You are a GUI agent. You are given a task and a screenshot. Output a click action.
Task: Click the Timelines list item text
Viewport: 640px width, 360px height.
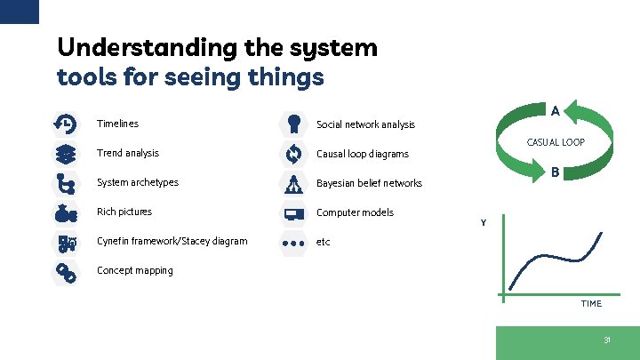(x=117, y=124)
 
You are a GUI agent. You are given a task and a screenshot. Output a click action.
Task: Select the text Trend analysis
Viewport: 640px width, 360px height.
(x=128, y=153)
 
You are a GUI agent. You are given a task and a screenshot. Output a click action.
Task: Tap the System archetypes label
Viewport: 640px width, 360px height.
(x=138, y=182)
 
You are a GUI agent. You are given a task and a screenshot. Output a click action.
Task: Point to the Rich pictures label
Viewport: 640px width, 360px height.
(x=124, y=212)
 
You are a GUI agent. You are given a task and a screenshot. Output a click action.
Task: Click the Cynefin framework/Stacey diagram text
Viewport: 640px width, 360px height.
(x=172, y=241)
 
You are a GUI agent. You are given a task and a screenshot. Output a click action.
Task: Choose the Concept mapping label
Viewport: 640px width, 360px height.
(x=135, y=270)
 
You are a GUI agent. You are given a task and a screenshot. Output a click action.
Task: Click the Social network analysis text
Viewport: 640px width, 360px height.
(x=365, y=124)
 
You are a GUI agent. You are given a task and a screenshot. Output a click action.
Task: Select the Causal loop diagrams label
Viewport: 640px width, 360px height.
(x=363, y=154)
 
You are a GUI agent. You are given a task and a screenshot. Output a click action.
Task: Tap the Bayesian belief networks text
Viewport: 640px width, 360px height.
(x=369, y=183)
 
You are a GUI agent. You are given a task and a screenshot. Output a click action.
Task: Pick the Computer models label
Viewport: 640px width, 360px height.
(x=355, y=212)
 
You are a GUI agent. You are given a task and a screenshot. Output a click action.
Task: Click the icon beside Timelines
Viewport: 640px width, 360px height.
(x=65, y=124)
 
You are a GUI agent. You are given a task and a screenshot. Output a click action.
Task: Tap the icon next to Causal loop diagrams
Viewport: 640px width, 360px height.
(x=292, y=154)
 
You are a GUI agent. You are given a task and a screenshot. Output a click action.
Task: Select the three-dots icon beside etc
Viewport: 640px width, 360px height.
(x=292, y=242)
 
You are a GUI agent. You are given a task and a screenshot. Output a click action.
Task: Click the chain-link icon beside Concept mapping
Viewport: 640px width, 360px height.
(x=65, y=271)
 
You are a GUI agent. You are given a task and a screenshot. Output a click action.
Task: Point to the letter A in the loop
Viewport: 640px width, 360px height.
(x=555, y=111)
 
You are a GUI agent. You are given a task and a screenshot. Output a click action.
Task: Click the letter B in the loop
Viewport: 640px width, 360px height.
(x=555, y=172)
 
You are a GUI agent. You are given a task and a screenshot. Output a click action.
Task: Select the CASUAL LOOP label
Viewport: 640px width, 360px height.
(x=556, y=142)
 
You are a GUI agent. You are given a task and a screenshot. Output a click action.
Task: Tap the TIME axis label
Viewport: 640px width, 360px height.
(x=591, y=303)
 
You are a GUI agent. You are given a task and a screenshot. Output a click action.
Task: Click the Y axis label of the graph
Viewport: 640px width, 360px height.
(x=484, y=222)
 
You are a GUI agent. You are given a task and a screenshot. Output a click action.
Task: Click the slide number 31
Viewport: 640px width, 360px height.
(x=607, y=340)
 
